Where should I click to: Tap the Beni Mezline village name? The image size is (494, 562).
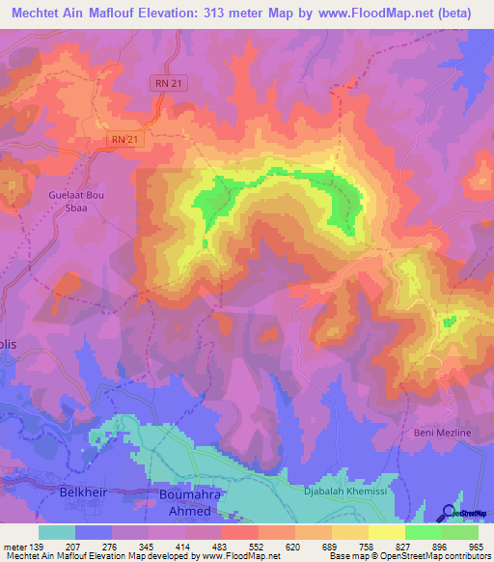pos(443,433)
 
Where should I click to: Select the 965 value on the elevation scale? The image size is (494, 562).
pos(476,546)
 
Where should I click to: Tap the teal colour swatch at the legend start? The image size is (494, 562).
pos(57,532)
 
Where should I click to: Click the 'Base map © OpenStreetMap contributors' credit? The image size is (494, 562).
pos(410,557)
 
